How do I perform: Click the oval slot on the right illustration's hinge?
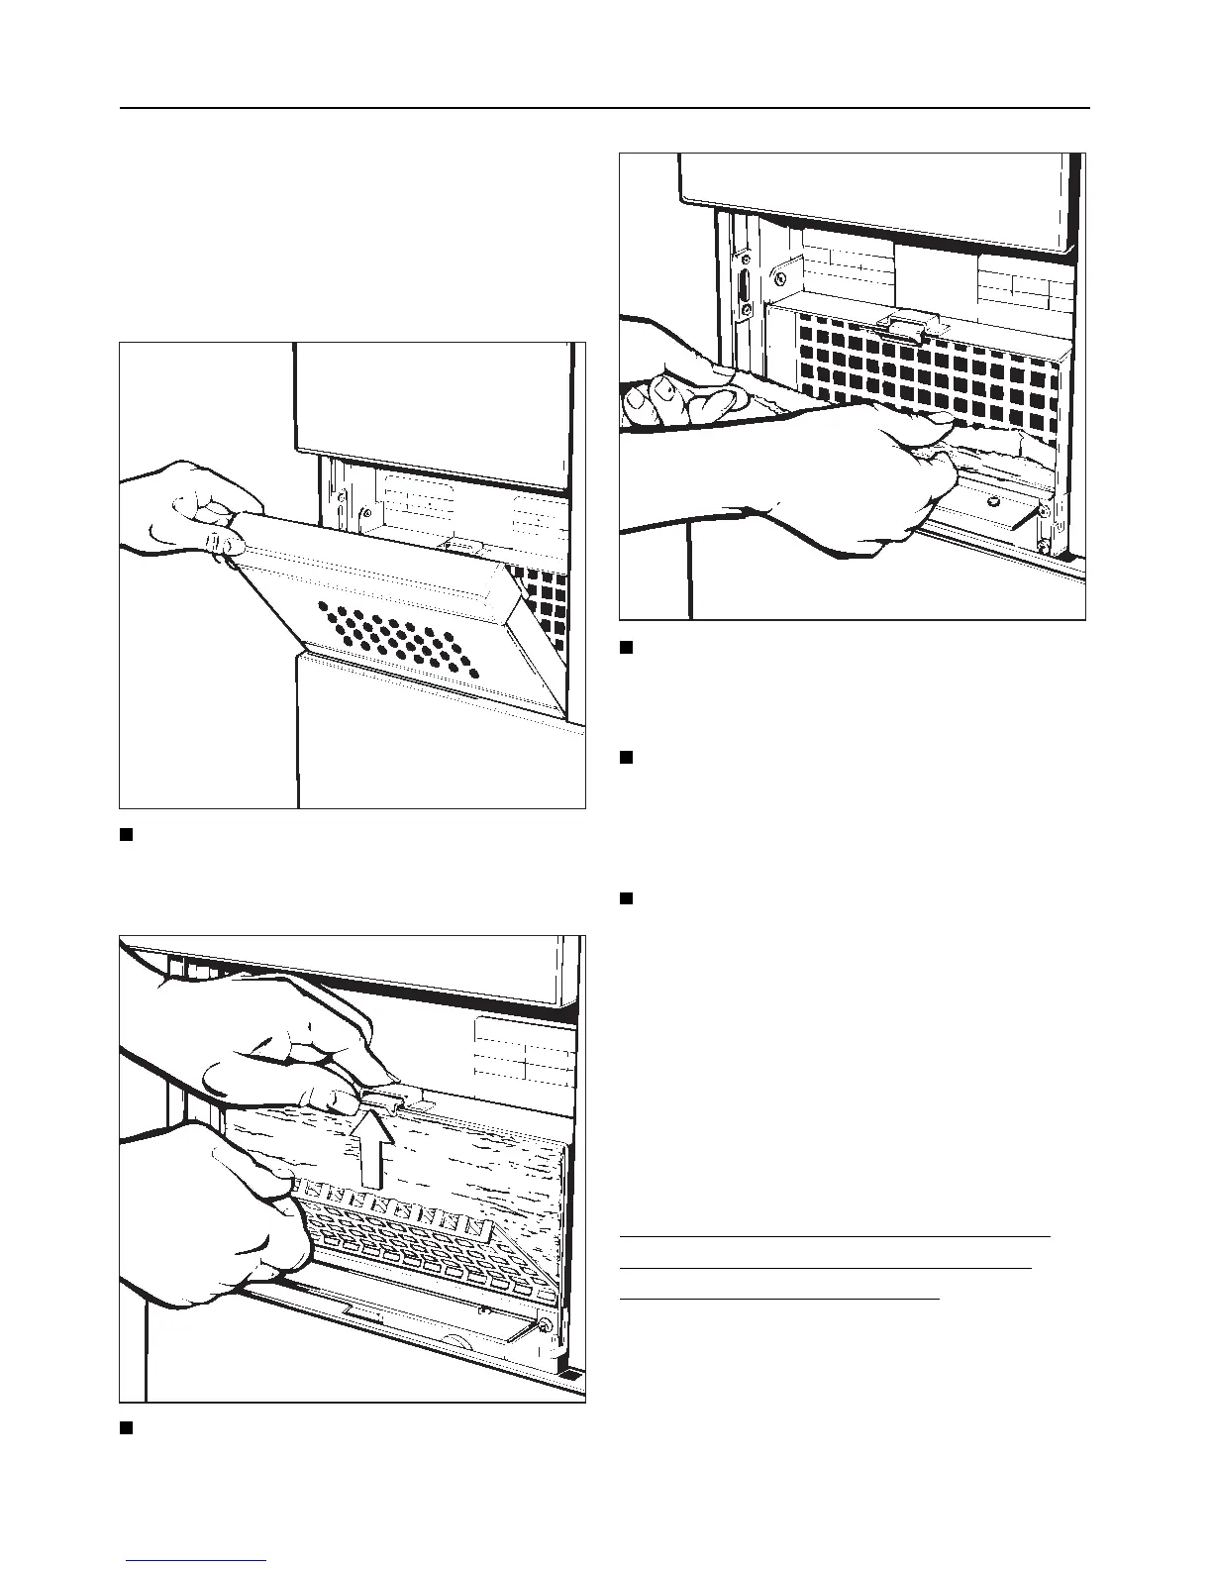tap(742, 296)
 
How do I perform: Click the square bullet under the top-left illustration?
tap(127, 834)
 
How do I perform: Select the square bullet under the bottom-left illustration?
tap(127, 1427)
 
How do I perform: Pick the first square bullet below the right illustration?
tap(626, 648)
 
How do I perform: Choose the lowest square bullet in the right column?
tap(626, 899)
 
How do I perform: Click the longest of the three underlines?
tap(834, 1237)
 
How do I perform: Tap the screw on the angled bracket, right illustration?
tap(1043, 510)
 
